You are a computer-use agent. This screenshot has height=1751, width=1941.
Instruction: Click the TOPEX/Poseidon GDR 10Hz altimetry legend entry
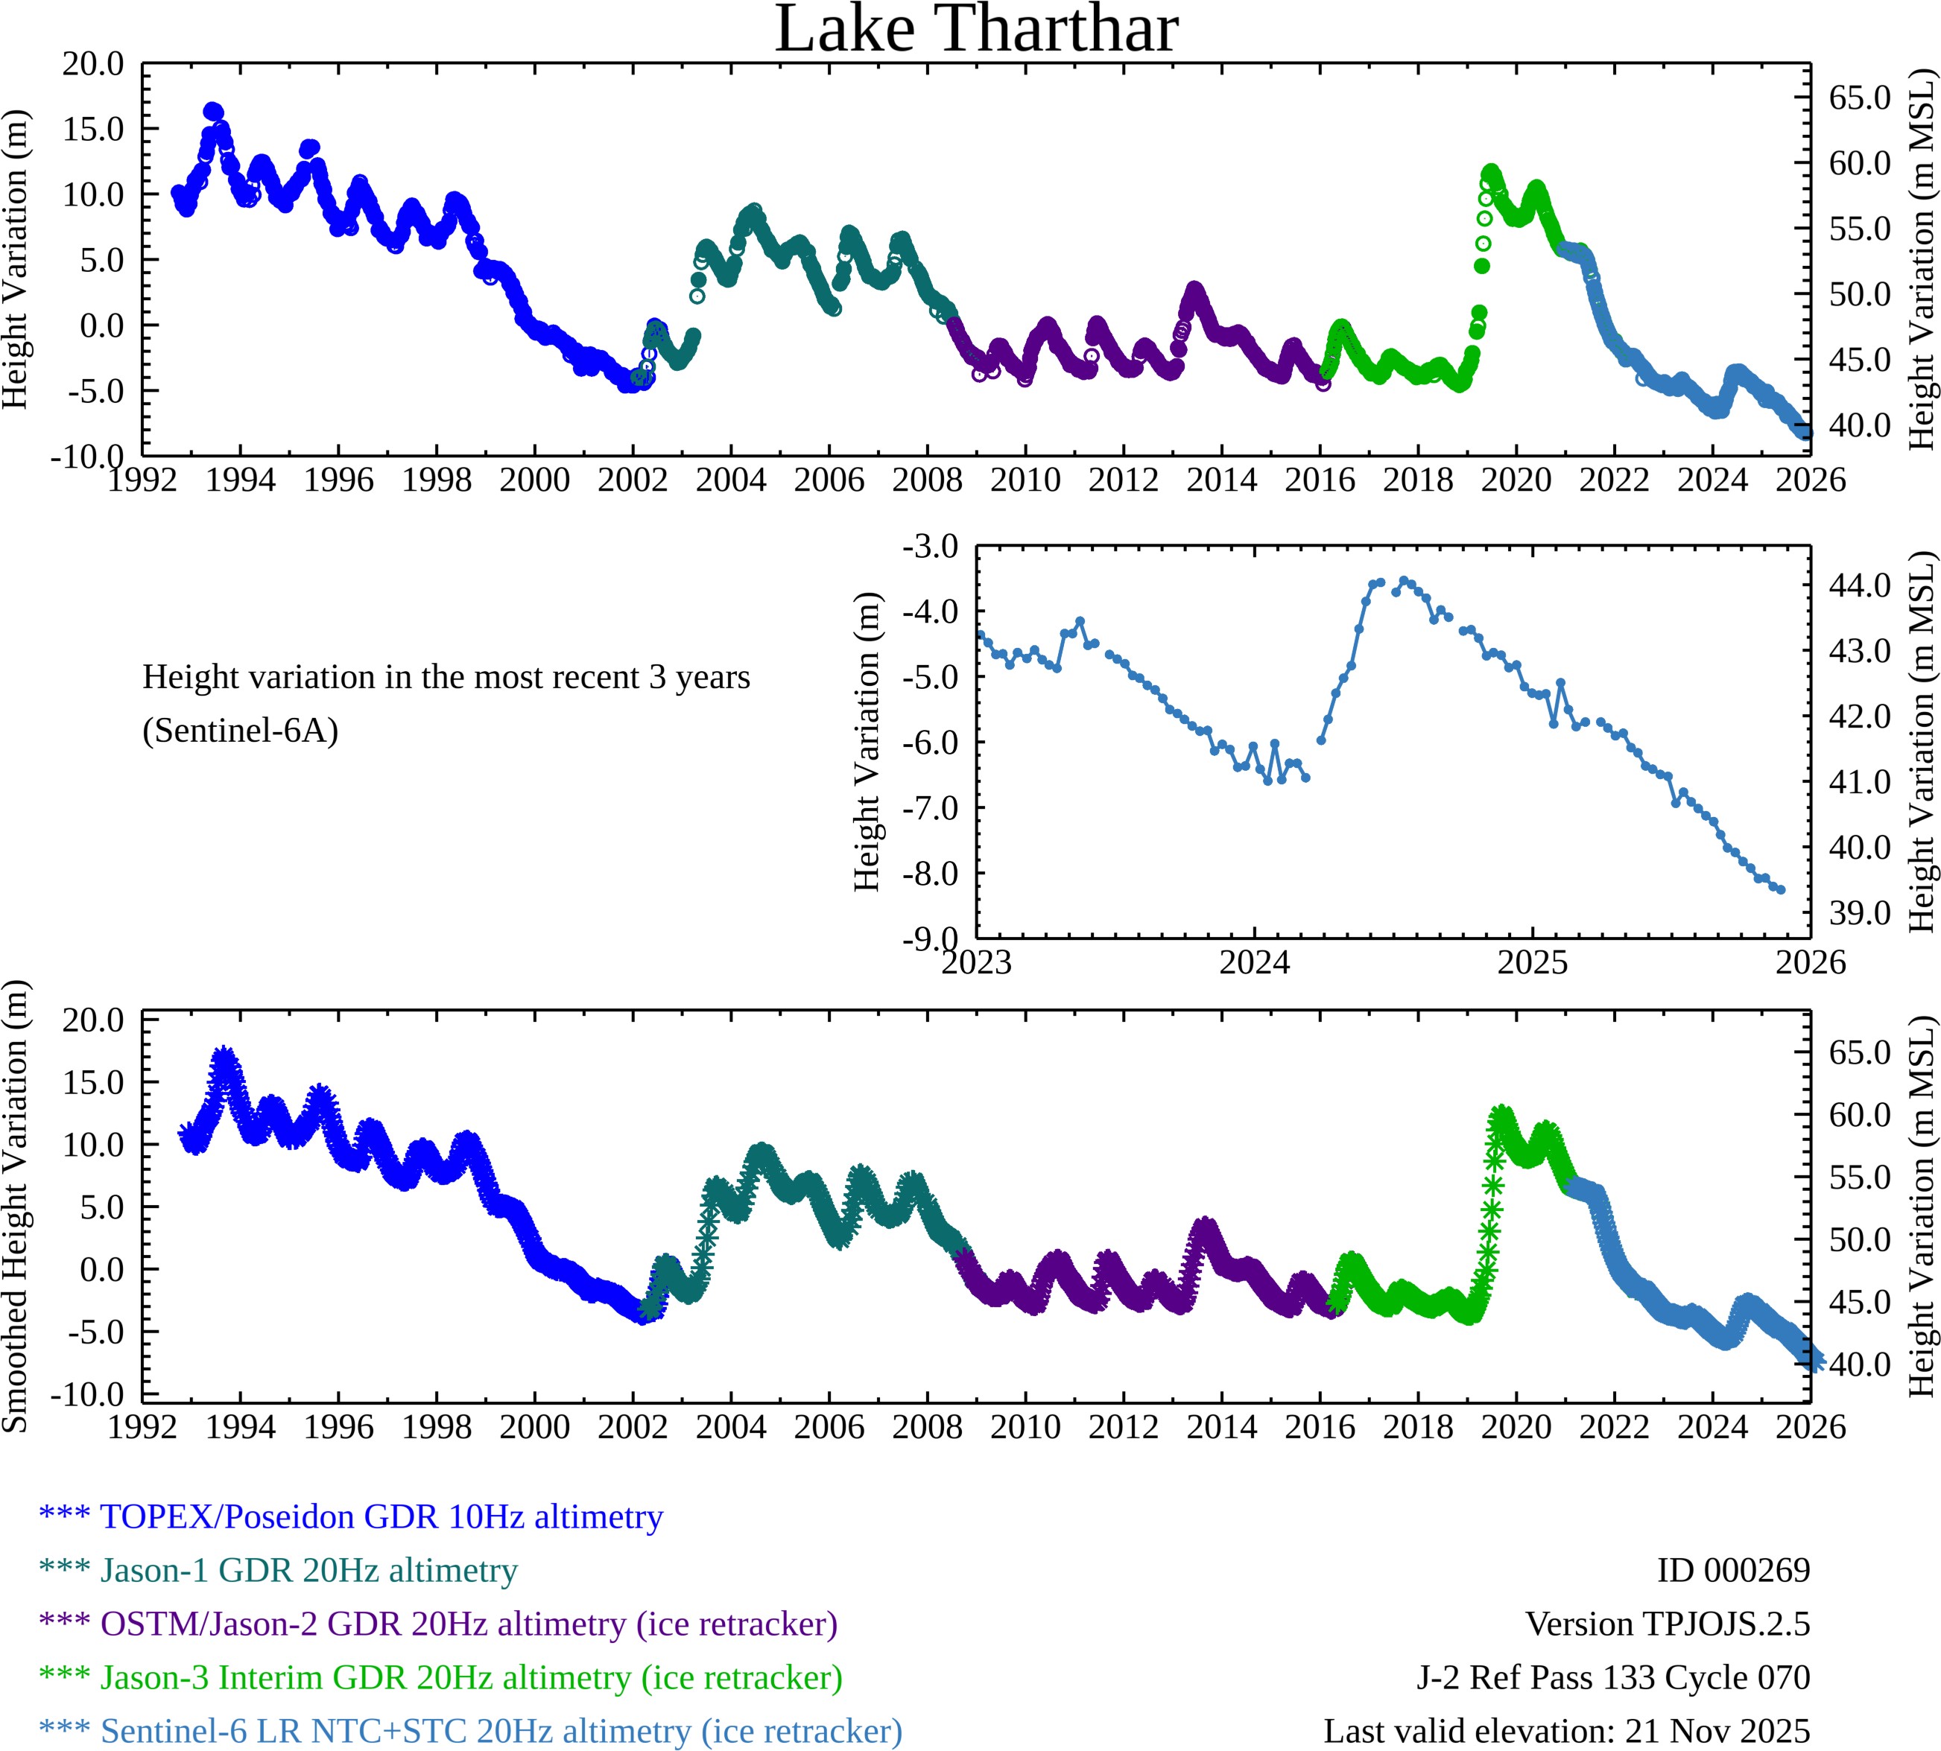381,1516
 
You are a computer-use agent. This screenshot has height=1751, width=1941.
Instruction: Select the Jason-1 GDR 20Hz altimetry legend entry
309,1570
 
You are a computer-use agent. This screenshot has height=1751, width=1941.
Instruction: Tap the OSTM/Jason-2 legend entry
469,1624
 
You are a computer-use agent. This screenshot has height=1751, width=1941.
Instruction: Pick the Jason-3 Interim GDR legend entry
472,1678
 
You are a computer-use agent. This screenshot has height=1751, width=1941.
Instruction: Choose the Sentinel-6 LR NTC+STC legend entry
501,1731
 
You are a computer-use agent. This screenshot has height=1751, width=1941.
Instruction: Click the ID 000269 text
1732,1570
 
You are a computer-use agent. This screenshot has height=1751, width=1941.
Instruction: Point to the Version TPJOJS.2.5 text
1667,1624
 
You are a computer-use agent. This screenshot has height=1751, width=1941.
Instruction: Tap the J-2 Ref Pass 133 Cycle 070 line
1613,1678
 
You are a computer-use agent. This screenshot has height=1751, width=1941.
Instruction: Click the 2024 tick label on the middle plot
1254,962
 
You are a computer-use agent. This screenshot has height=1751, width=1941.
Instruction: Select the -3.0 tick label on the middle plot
930,547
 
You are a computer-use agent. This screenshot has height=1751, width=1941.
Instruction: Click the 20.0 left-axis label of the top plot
93,65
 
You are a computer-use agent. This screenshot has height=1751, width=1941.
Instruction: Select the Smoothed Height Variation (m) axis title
16,1207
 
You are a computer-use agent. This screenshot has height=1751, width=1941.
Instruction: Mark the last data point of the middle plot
1782,890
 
